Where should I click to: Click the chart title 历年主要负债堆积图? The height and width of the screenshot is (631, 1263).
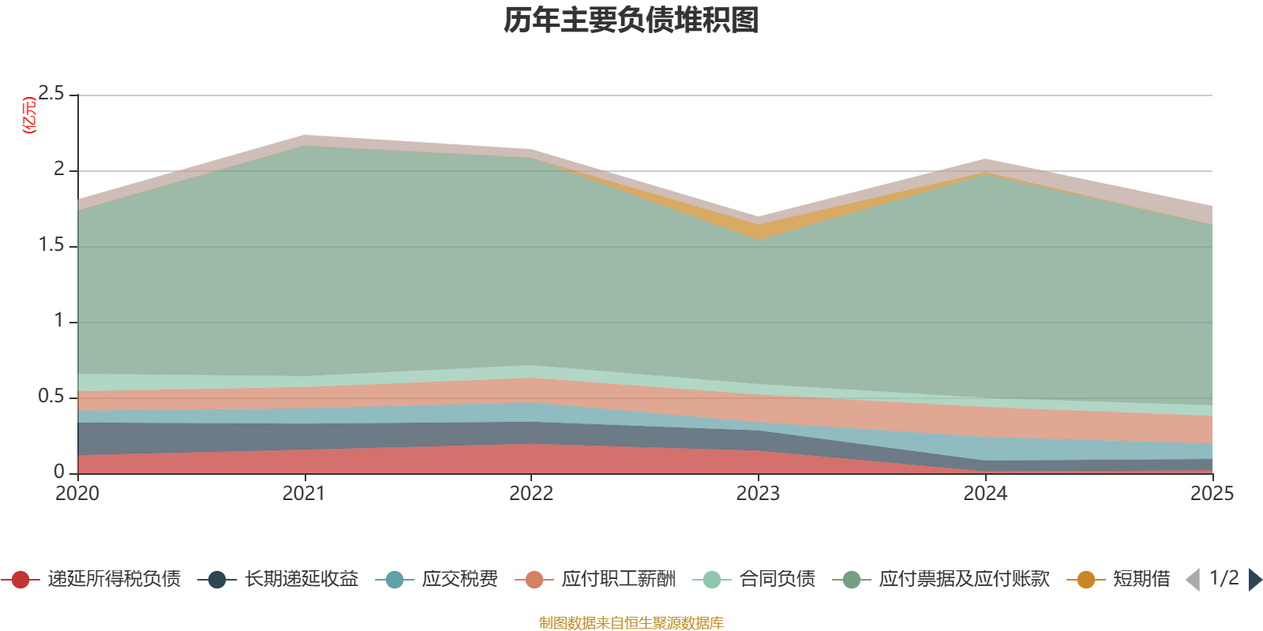point(631,21)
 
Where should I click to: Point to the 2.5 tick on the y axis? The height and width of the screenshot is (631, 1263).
point(52,94)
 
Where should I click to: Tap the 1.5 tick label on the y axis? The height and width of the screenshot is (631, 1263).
point(52,245)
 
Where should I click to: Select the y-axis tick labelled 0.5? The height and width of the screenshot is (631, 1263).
point(52,397)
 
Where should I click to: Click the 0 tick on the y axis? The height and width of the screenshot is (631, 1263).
point(59,472)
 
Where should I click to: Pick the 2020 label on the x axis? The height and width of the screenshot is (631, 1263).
point(77,494)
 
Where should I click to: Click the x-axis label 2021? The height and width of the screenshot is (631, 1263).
point(304,494)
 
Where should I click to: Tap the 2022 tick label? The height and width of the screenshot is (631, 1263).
point(531,494)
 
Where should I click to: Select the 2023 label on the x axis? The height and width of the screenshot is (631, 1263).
point(758,494)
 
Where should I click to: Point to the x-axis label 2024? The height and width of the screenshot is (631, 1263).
point(985,494)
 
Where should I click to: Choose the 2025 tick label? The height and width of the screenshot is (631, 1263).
point(1212,494)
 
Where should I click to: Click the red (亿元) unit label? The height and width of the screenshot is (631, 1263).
point(29,115)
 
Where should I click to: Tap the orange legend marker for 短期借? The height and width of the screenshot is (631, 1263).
point(1086,580)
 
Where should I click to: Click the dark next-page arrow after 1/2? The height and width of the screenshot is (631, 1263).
point(1254,580)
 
